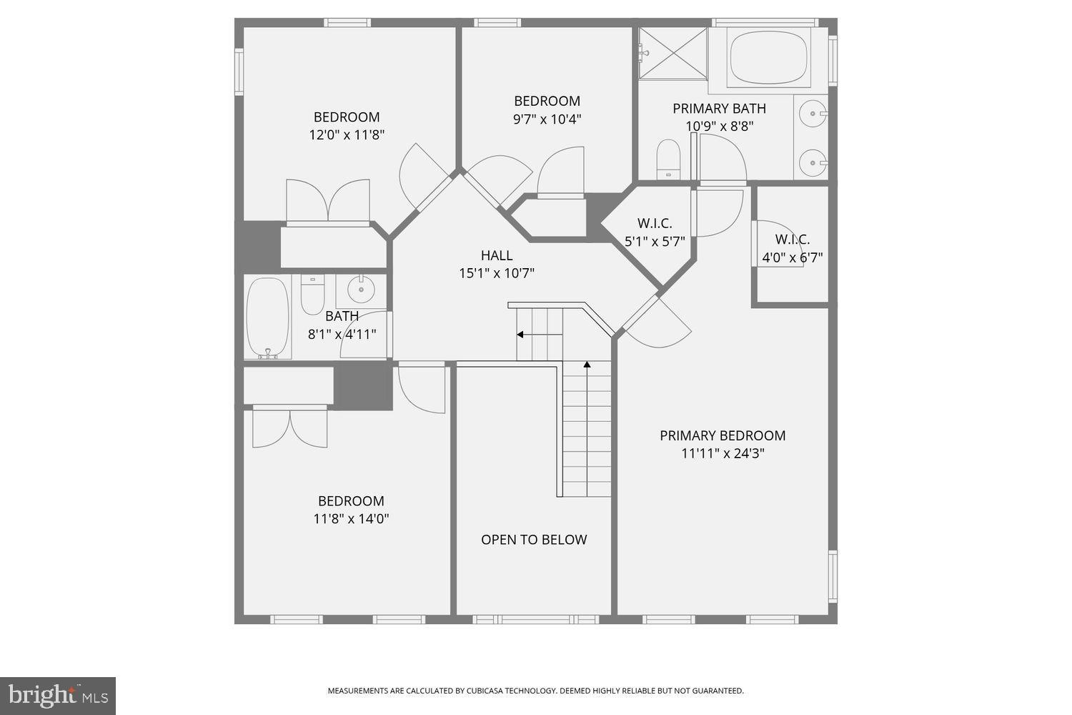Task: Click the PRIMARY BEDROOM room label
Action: click(x=722, y=435)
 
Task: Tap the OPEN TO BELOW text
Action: click(x=534, y=540)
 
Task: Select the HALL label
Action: click(x=496, y=255)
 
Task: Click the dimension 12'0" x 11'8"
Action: click(x=347, y=134)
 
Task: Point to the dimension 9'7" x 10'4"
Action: click(x=547, y=119)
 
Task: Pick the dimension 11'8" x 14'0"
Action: click(x=351, y=518)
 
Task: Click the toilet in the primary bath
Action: click(x=669, y=158)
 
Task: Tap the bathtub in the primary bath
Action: click(x=769, y=56)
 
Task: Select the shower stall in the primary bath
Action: click(x=672, y=53)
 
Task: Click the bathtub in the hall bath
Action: click(x=267, y=317)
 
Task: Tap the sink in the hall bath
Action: click(x=360, y=290)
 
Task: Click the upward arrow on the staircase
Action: click(x=587, y=365)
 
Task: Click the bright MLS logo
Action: click(x=58, y=696)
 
